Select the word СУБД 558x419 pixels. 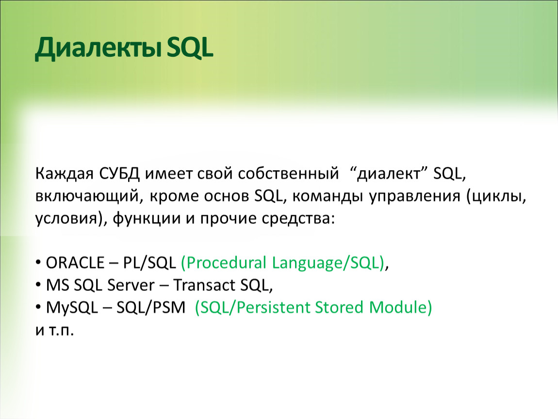(x=120, y=174)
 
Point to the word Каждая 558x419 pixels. (x=65, y=174)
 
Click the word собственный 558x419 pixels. (x=288, y=174)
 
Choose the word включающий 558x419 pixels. (x=87, y=196)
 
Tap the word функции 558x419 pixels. (x=147, y=218)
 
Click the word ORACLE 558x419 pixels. (x=75, y=263)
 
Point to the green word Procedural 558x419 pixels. (x=224, y=262)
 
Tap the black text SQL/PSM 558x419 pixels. (x=151, y=307)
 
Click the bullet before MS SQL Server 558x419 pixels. (x=38, y=285)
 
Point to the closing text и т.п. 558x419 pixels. (x=54, y=330)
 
